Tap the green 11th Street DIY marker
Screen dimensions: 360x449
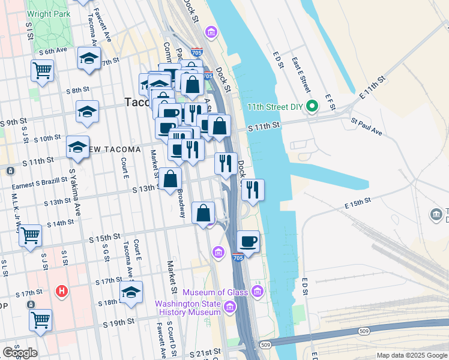pyautogui.click(x=312, y=107)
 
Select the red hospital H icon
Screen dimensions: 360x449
pyautogui.click(x=61, y=292)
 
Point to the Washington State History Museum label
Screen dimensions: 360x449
pyautogui.click(x=188, y=307)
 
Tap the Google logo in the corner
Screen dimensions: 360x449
pyautogui.click(x=20, y=353)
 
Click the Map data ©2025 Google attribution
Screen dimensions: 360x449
pyautogui.click(x=411, y=355)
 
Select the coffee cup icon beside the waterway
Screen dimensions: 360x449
pyautogui.click(x=248, y=242)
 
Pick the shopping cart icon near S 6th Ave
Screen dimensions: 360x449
pyautogui.click(x=42, y=70)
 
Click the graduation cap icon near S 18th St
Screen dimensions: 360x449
pyautogui.click(x=131, y=292)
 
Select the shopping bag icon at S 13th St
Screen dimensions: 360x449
pyautogui.click(x=171, y=178)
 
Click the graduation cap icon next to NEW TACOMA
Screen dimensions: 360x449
pyautogui.click(x=78, y=147)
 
